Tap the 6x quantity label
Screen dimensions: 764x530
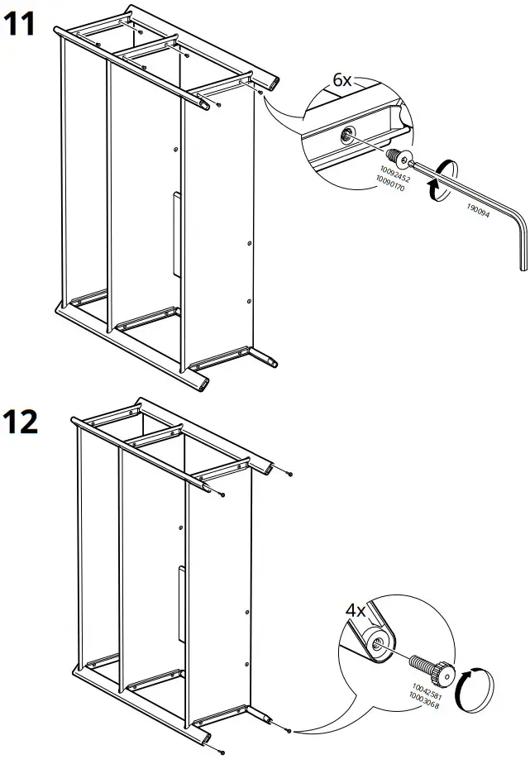[342, 79]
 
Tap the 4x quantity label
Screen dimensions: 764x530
[356, 611]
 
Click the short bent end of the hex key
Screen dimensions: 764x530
[520, 243]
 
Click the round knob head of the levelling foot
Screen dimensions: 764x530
[445, 674]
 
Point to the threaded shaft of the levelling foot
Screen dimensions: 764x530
[421, 663]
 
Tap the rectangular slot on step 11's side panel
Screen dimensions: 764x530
[176, 234]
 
